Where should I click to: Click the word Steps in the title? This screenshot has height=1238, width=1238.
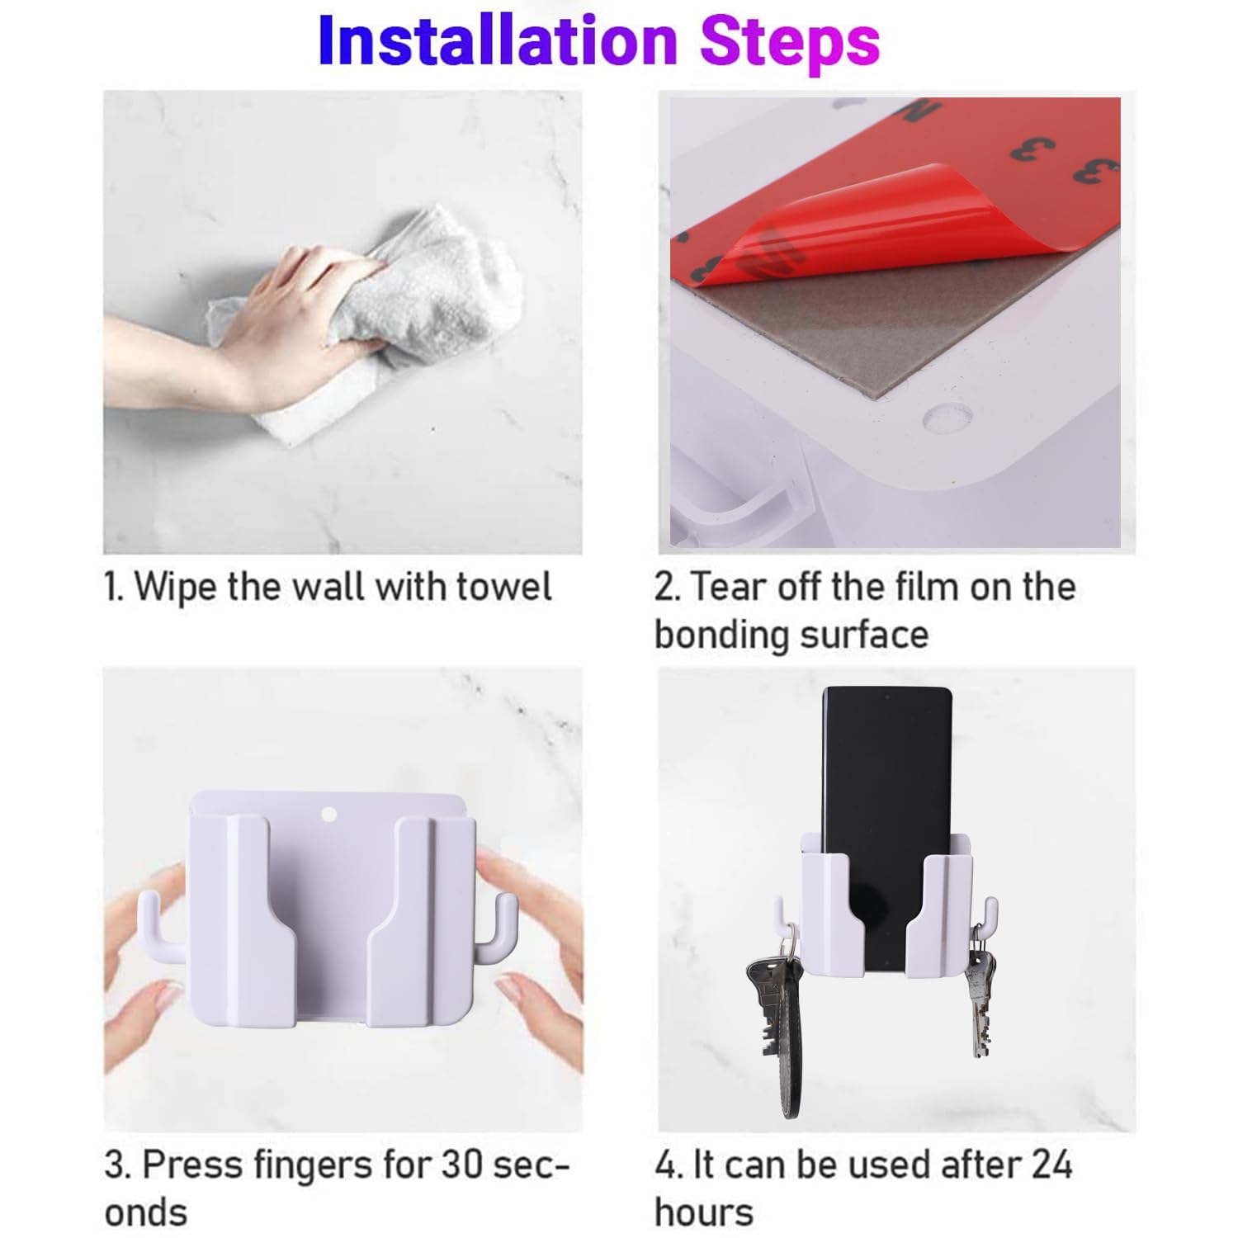[x=790, y=44]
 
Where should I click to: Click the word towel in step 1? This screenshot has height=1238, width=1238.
[x=504, y=587]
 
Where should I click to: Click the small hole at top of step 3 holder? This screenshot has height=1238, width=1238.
[x=328, y=815]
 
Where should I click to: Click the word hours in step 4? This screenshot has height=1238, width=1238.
[x=704, y=1212]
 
